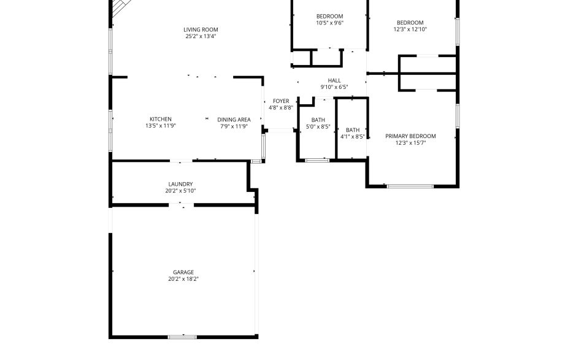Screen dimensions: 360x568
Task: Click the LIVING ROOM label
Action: tap(201, 29)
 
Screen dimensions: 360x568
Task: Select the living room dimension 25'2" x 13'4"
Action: tap(201, 36)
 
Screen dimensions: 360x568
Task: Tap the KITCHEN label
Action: tap(161, 119)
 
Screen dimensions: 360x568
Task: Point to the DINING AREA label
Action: tap(234, 120)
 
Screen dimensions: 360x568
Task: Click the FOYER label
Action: tap(281, 101)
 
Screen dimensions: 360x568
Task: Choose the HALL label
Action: tap(334, 80)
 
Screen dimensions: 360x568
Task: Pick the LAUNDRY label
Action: tap(180, 184)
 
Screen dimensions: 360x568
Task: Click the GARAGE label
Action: tap(183, 272)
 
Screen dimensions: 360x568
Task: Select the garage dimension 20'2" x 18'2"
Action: tap(183, 278)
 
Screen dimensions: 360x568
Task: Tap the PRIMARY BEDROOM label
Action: tap(410, 136)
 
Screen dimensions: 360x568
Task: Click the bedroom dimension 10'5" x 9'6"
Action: tap(329, 23)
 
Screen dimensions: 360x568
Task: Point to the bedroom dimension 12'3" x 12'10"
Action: tap(410, 29)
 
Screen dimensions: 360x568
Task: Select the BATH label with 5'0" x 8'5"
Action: tap(318, 120)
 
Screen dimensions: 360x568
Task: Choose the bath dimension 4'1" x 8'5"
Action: tap(353, 137)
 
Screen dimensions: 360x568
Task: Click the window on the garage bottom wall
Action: tap(182, 337)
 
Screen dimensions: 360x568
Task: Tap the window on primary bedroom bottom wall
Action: tap(410, 186)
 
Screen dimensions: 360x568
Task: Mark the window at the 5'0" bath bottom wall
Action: tap(317, 160)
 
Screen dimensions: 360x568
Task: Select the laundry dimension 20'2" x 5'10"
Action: tap(180, 191)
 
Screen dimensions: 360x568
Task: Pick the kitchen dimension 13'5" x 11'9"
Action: tap(161, 126)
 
